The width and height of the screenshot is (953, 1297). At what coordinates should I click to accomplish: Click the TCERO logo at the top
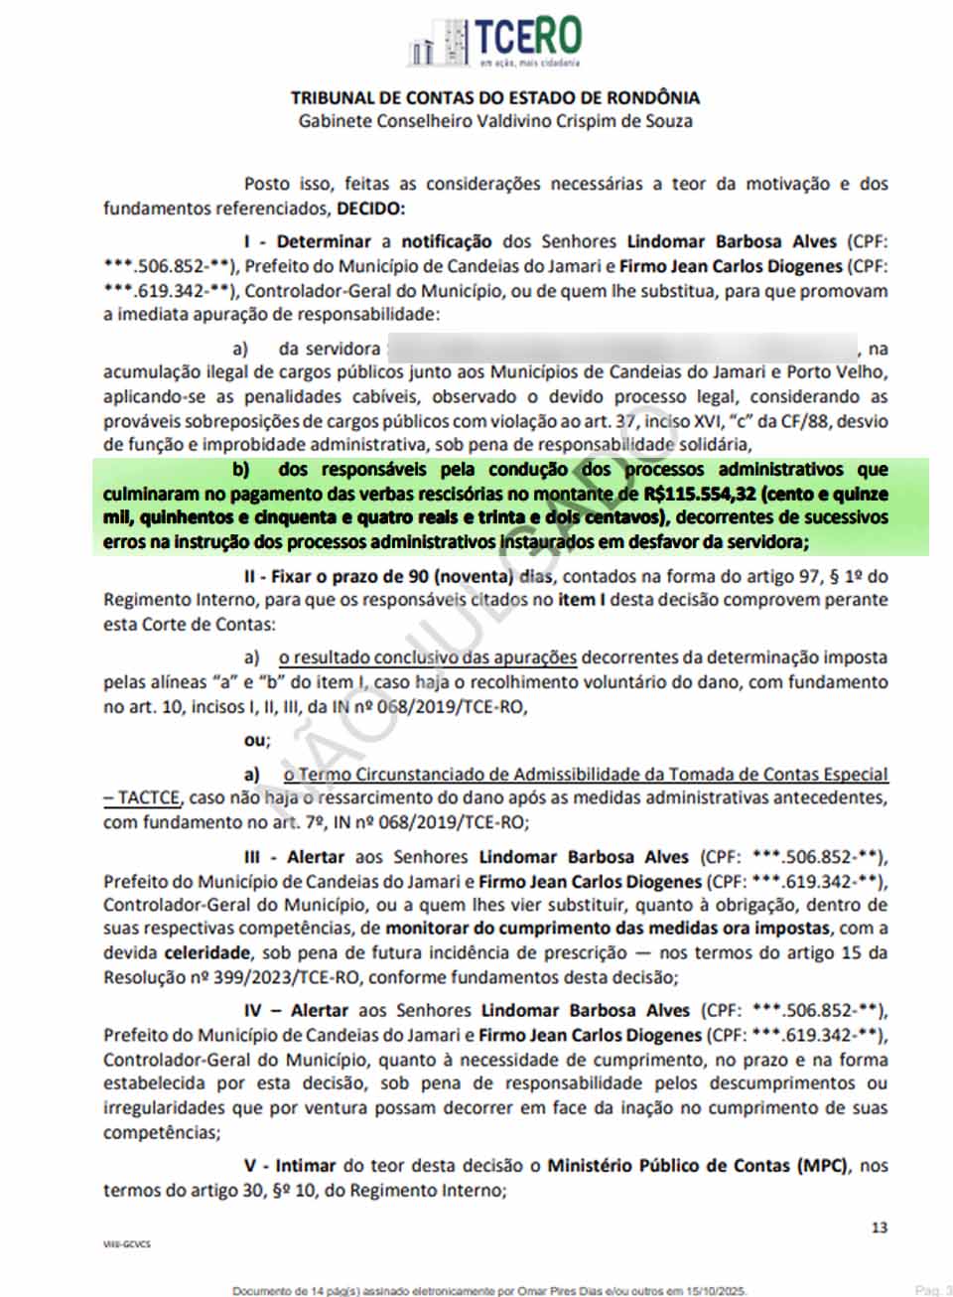click(x=494, y=41)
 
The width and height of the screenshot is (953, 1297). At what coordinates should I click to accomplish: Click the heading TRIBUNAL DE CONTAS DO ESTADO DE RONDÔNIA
click(x=494, y=97)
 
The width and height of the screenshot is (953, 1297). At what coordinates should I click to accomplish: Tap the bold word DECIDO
click(x=370, y=209)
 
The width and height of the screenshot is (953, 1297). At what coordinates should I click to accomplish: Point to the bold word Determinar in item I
click(x=323, y=241)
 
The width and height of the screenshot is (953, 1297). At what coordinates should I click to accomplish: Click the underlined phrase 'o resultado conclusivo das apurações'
click(x=428, y=657)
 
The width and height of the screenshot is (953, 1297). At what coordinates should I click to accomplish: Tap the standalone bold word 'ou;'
click(x=256, y=740)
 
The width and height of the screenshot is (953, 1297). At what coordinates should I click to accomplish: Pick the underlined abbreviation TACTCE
click(x=149, y=797)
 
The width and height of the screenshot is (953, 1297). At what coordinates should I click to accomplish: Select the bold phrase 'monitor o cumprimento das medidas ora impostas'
click(x=608, y=929)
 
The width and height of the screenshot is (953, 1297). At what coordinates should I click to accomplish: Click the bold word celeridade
click(x=207, y=952)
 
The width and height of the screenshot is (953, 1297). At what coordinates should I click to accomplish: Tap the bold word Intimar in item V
click(x=305, y=1166)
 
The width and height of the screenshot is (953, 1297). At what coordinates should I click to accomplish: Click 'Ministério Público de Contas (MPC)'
click(x=698, y=1166)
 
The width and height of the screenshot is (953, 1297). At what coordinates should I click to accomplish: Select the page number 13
click(x=880, y=1227)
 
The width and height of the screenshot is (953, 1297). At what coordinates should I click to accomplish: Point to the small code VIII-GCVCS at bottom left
click(x=127, y=1243)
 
